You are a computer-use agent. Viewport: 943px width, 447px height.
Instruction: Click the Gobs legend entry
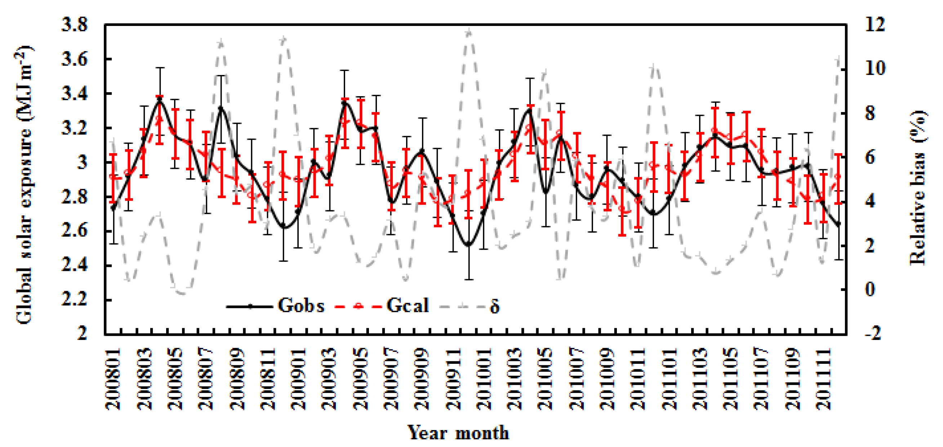301,305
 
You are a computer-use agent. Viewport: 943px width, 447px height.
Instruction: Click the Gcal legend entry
407,305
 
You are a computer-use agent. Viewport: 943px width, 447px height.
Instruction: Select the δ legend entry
494,307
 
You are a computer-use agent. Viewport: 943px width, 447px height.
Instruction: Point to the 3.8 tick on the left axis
75,25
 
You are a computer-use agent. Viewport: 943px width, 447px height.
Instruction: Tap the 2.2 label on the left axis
75,300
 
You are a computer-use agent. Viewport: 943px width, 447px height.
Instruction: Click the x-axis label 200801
113,379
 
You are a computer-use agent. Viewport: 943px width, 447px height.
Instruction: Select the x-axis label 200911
454,379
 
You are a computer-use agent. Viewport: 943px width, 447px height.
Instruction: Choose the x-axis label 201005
546,379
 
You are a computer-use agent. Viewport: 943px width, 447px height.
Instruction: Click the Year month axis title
458,433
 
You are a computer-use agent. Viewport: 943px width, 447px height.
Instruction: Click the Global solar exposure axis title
24,185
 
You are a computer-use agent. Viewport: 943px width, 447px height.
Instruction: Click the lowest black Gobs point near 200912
469,244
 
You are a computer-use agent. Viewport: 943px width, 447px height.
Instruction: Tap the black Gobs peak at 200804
160,99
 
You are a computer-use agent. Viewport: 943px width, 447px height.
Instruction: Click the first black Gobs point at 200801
113,208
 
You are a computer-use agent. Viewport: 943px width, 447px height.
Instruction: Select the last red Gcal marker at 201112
838,177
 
